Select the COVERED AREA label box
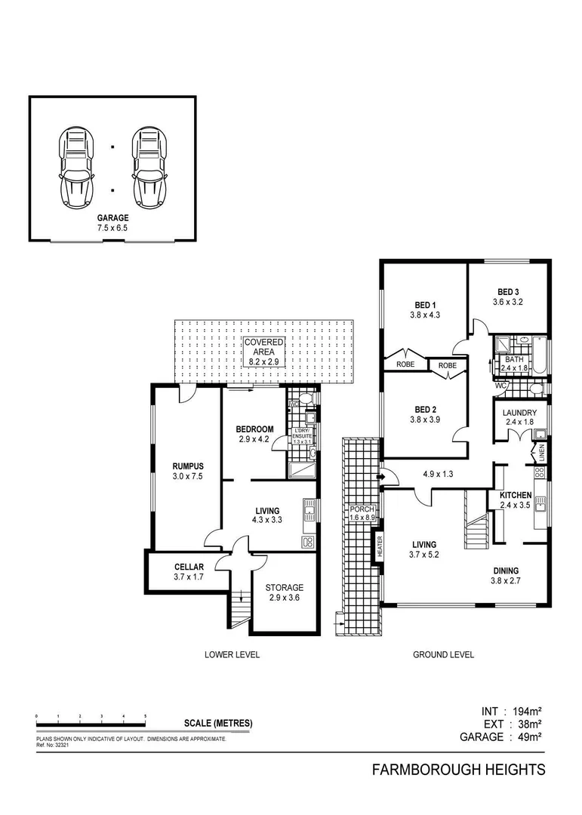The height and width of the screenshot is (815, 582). (x=263, y=352)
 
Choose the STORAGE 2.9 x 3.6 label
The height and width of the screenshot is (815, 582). (x=285, y=592)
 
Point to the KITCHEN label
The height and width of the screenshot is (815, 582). (x=516, y=500)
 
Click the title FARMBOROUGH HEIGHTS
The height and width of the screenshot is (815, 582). (x=459, y=770)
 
